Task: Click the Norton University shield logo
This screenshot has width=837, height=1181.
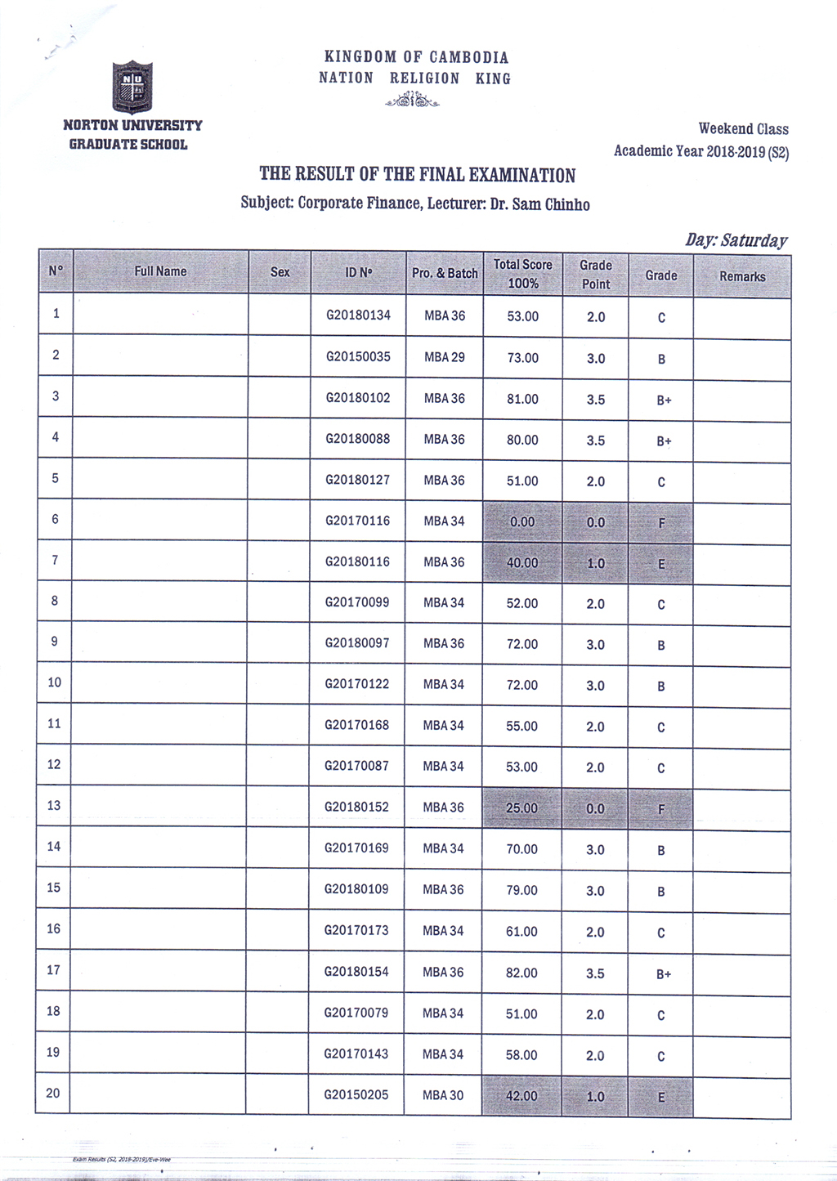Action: click(x=132, y=87)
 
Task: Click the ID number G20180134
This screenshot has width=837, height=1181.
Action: click(x=358, y=315)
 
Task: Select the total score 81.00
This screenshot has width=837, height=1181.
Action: click(x=522, y=399)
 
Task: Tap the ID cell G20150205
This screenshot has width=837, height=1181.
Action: click(x=356, y=1094)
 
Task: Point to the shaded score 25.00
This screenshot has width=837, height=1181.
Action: click(x=521, y=808)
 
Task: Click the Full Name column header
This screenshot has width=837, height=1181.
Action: click(x=160, y=271)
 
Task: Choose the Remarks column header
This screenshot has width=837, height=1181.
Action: click(x=742, y=276)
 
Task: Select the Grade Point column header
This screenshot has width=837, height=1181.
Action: click(x=596, y=275)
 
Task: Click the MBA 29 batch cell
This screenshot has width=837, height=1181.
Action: click(x=445, y=357)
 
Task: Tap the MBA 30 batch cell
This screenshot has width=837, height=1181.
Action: click(x=443, y=1095)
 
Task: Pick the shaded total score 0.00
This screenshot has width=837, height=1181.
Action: click(x=522, y=521)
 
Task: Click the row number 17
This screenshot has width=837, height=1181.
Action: click(x=53, y=970)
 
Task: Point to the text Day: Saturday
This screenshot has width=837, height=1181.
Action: click(x=736, y=240)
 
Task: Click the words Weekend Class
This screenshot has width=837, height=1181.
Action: click(x=743, y=129)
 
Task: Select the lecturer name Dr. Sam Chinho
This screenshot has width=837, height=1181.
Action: click(x=539, y=204)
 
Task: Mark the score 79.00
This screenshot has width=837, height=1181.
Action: click(x=521, y=890)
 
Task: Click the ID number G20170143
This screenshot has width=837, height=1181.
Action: click(x=356, y=1054)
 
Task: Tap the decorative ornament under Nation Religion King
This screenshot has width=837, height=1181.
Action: click(x=413, y=101)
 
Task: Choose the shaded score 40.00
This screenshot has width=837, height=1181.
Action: click(x=522, y=563)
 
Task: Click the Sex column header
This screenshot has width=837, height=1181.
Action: click(x=280, y=271)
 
